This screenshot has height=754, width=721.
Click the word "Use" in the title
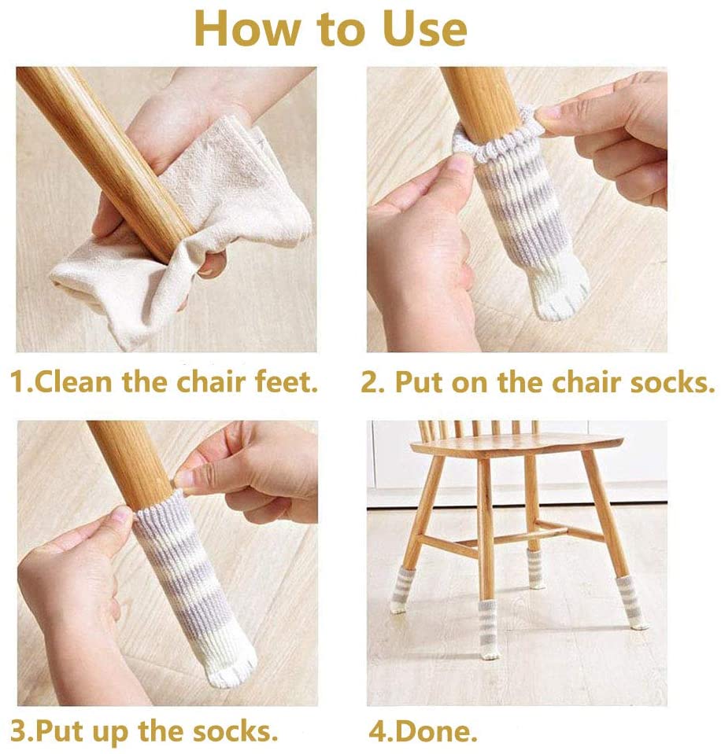click(424, 29)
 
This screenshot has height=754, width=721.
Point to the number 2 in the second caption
click(370, 383)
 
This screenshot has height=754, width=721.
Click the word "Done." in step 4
click(435, 731)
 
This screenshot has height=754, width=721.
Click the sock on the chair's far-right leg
click(632, 602)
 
